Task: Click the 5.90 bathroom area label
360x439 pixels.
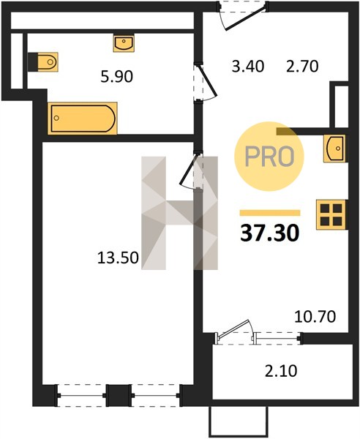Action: point(117,76)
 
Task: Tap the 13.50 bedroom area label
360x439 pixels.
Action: point(118,258)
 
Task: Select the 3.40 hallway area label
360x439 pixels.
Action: point(248,67)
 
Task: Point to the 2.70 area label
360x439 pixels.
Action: point(302,67)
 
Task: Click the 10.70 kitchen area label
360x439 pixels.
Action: point(315,317)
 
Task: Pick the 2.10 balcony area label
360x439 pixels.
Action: point(281,371)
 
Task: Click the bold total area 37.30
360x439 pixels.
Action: point(270,233)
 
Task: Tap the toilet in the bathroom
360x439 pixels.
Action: point(43,61)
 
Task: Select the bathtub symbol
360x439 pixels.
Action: point(82,118)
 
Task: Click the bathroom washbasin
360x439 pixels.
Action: point(124,43)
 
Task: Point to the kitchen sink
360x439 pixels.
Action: point(334,149)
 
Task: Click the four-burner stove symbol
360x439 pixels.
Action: point(331,214)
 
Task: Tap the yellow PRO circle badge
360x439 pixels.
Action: point(269,156)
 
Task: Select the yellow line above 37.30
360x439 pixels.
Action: point(270,213)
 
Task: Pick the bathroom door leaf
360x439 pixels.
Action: point(208,80)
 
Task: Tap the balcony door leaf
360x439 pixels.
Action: point(233,328)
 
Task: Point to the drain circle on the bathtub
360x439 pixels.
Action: point(56,118)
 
